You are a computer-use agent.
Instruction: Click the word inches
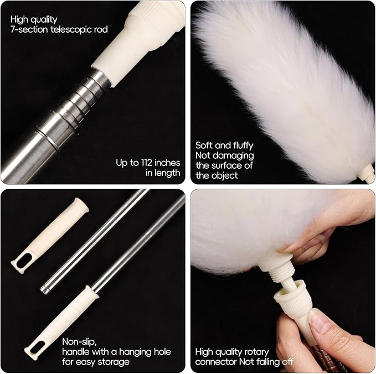tap(168, 162)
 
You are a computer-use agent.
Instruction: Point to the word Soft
tap(204, 146)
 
